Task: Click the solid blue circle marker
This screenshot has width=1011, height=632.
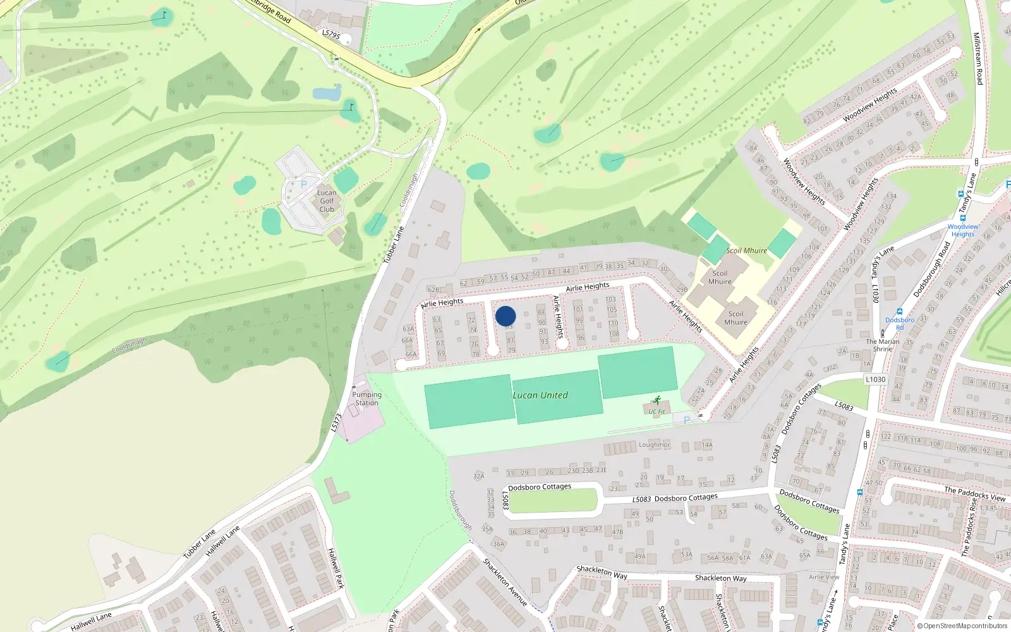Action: pyautogui.click(x=505, y=316)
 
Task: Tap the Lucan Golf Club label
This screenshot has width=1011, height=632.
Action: pyautogui.click(x=327, y=201)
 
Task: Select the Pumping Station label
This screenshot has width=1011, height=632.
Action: pyautogui.click(x=366, y=399)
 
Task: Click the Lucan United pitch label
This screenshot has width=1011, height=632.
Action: pyautogui.click(x=540, y=396)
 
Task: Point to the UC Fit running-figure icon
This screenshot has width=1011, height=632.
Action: pyautogui.click(x=657, y=401)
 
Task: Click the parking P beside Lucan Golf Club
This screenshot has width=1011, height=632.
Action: pyautogui.click(x=304, y=185)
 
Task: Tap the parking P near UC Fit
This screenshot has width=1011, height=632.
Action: pyautogui.click(x=686, y=420)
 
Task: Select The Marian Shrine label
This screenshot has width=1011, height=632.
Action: pyautogui.click(x=883, y=345)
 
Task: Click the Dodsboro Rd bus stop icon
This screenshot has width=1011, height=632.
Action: pyautogui.click(x=899, y=312)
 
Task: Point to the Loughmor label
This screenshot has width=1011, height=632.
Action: pyautogui.click(x=654, y=445)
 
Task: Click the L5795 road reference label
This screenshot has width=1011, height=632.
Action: pyautogui.click(x=331, y=35)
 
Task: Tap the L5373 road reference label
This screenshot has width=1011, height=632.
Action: pyautogui.click(x=337, y=422)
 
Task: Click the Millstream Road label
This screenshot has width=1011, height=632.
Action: pyautogui.click(x=978, y=59)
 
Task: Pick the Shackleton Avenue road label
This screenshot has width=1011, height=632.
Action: pyautogui.click(x=505, y=582)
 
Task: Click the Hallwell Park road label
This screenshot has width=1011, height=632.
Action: pyautogui.click(x=336, y=568)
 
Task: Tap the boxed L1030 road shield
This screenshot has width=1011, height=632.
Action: pyautogui.click(x=875, y=379)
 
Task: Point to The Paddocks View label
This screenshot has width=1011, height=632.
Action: pyautogui.click(x=974, y=494)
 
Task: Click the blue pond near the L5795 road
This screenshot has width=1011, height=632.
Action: pyautogui.click(x=327, y=94)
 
